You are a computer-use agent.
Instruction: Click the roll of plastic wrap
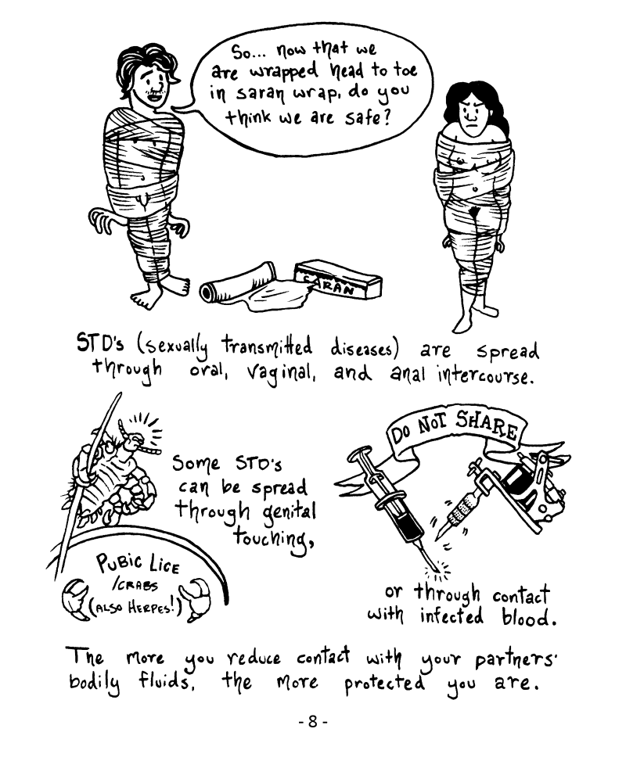238,284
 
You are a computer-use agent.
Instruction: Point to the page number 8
313,722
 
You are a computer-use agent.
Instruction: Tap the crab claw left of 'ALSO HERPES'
76,598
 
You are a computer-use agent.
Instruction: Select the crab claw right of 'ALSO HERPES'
197,598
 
